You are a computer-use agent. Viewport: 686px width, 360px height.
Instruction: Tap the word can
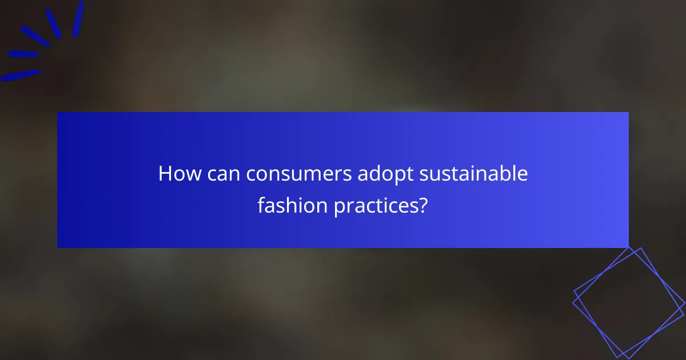(224, 174)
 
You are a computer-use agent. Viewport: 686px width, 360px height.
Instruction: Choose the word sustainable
(474, 174)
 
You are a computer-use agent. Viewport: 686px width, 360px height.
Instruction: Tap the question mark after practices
(424, 205)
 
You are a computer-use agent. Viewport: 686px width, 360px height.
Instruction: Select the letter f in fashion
(261, 204)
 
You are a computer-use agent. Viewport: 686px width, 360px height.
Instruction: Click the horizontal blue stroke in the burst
(23, 55)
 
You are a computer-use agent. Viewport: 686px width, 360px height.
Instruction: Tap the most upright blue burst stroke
(78, 19)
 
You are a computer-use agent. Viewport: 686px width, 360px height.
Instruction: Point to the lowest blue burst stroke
(21, 75)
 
